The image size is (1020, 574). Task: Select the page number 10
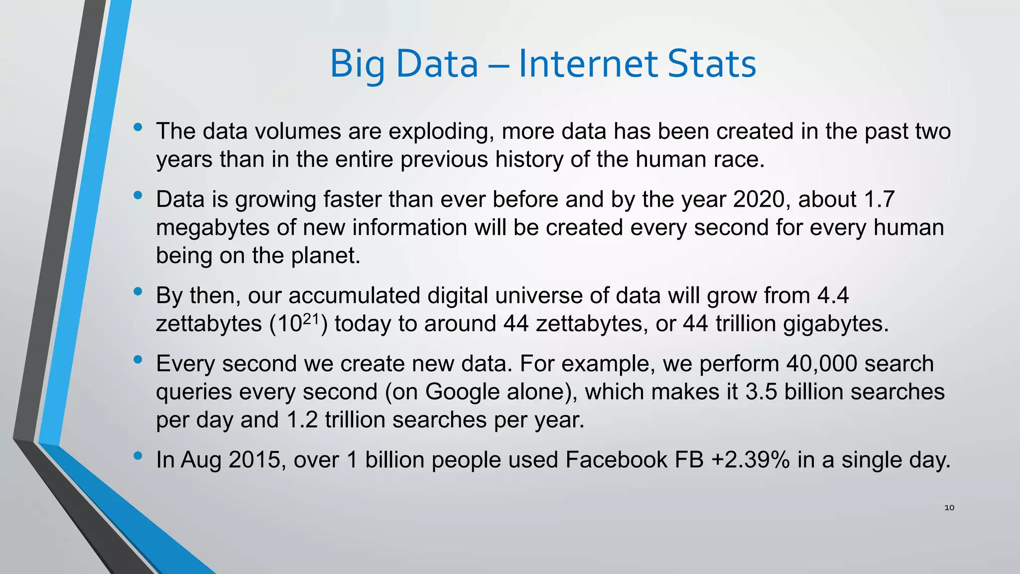point(949,508)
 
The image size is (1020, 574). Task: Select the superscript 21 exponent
point(311,318)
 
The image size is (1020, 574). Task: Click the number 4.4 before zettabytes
point(833,295)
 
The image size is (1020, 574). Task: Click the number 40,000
point(822,364)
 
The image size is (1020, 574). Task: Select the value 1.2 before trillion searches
point(302,420)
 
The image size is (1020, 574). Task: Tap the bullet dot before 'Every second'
point(138,359)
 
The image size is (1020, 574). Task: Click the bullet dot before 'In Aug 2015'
point(138,455)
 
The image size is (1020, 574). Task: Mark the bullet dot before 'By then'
point(138,291)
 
